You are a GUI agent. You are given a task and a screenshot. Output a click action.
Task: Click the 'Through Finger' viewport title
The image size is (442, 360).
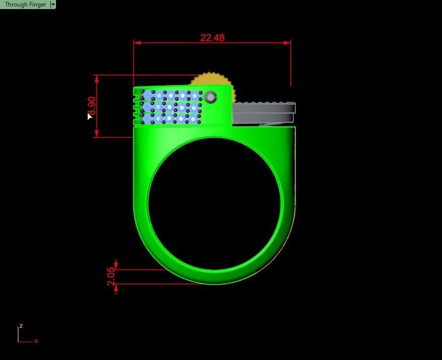[x=25, y=5]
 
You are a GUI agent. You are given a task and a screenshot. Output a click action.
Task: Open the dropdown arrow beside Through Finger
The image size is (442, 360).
[x=53, y=5]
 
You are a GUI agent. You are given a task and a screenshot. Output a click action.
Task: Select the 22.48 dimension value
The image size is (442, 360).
[x=212, y=38]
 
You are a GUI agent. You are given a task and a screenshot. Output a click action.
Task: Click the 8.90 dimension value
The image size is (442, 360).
[x=91, y=106]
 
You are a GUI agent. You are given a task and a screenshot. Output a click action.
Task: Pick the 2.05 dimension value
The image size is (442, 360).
[x=111, y=276]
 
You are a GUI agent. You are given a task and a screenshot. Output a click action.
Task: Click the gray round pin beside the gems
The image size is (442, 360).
[x=211, y=97]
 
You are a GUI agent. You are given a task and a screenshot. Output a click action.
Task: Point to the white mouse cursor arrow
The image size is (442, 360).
[x=89, y=116]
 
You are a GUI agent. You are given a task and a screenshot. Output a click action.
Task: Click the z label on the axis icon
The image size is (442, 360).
[x=21, y=326]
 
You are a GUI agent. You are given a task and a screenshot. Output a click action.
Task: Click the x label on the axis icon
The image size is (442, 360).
[x=36, y=341]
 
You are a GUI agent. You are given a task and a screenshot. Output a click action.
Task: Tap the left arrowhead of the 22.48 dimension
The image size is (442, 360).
[x=137, y=43]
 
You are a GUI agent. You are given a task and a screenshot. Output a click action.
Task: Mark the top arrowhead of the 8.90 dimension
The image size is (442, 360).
[x=96, y=79]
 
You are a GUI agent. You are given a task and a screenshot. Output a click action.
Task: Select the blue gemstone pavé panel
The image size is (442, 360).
[x=171, y=107]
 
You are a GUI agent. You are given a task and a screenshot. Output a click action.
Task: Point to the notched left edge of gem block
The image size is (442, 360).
[x=136, y=106]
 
